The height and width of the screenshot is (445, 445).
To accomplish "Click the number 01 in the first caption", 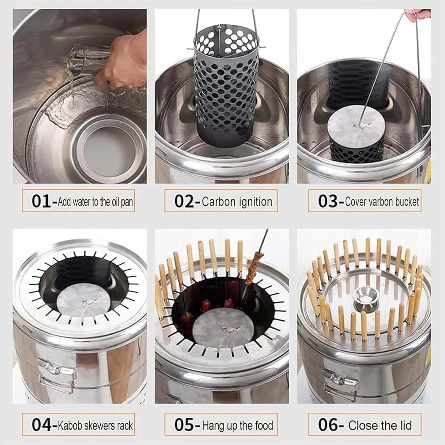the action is pyautogui.click(x=42, y=202).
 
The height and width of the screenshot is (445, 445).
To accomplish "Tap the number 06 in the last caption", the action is pyautogui.click(x=328, y=425).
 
